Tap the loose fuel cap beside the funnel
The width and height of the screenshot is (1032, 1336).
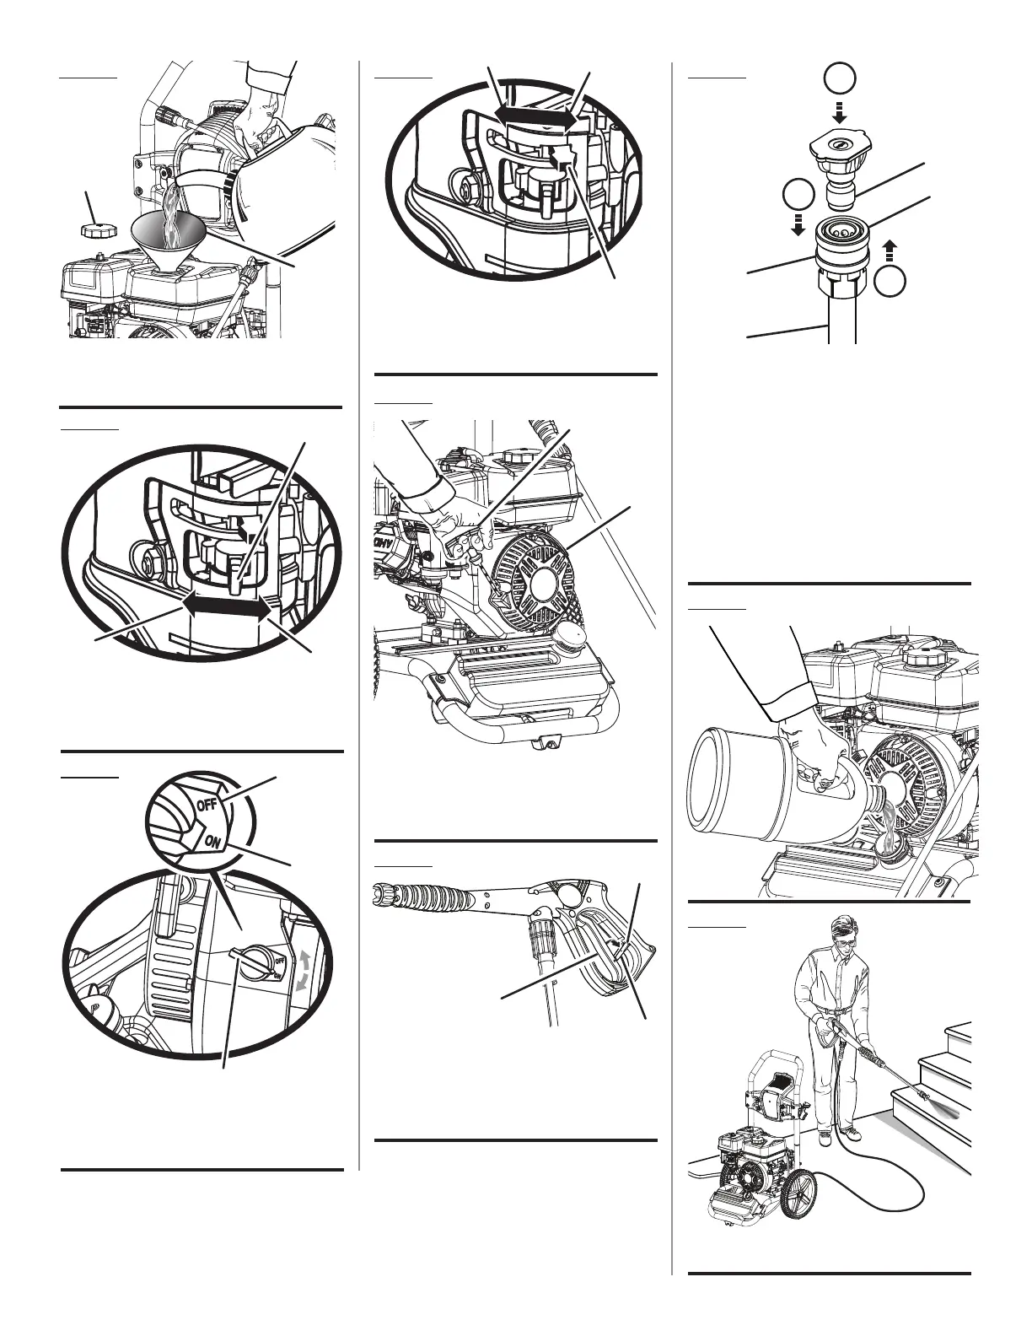click(x=94, y=230)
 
